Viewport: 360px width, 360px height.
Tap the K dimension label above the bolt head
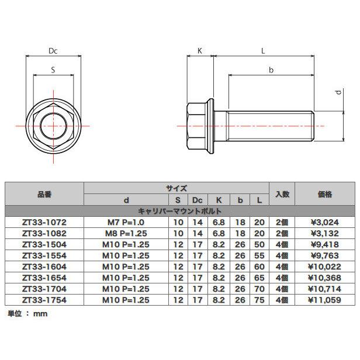199,51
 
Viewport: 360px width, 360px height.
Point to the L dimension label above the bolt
263,51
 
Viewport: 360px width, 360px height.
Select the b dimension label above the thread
271,70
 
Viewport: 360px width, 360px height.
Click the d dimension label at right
338,93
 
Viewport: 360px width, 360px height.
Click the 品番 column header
44,194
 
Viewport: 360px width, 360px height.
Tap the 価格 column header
325,194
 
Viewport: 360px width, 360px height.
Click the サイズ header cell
176,188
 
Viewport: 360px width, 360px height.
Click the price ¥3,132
325,232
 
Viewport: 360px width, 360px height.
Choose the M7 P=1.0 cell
126,222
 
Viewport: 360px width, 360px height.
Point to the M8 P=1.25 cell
126,232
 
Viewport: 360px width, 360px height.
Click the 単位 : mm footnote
27,314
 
